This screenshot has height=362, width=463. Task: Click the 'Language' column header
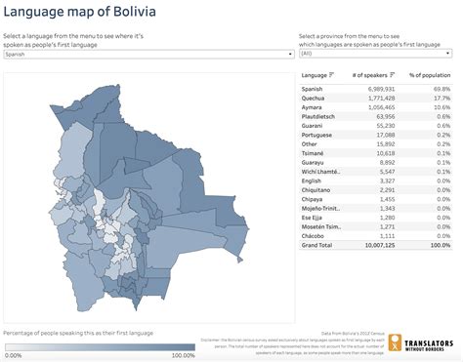tap(315, 74)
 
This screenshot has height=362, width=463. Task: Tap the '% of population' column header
tap(431, 74)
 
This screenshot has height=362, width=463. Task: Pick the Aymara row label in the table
tap(315, 107)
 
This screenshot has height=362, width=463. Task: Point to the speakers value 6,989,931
tap(376, 88)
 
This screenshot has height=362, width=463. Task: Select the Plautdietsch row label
tap(321, 117)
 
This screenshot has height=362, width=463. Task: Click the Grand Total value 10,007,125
tap(375, 246)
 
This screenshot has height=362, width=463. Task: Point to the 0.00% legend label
tap(14, 355)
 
